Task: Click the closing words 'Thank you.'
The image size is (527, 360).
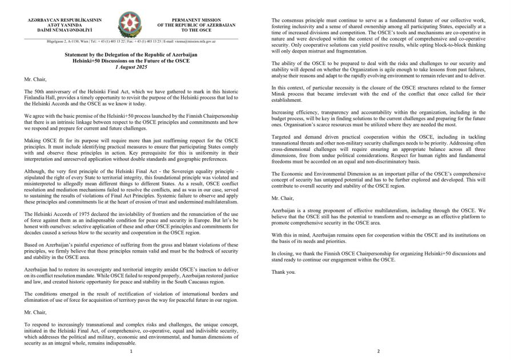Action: pyautogui.click(x=283, y=272)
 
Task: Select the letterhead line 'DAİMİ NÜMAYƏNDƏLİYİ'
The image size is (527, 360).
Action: pyautogui.click(x=65, y=29)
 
